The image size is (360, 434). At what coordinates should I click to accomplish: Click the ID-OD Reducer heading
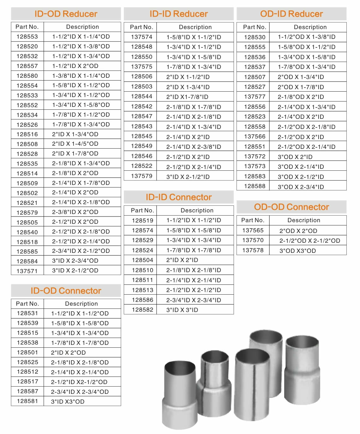tap(66, 14)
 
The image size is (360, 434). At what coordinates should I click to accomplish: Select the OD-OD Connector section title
tap(291, 207)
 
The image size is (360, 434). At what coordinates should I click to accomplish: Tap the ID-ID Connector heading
tap(179, 197)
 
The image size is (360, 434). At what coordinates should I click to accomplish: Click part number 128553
tap(27, 37)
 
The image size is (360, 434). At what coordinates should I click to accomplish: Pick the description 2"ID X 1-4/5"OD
tap(75, 144)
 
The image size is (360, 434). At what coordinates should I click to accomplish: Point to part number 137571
tap(27, 271)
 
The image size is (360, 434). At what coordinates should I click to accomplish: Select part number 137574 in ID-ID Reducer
tap(141, 37)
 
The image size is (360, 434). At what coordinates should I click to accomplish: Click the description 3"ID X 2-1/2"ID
tap(188, 177)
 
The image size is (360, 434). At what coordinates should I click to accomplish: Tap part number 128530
tap(255, 37)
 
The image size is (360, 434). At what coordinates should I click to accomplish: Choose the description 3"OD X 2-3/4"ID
tap(301, 187)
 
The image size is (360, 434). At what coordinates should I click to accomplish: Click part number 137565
tap(253, 230)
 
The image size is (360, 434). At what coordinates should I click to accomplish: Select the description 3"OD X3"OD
tap(297, 251)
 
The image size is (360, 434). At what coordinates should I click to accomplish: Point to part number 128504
tap(142, 260)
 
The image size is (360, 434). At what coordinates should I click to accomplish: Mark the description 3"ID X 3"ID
tap(182, 310)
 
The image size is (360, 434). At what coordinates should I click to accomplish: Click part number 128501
tap(27, 352)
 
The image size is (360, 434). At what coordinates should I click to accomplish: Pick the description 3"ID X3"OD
tap(68, 401)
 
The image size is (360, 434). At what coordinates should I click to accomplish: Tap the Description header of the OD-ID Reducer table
tap(310, 27)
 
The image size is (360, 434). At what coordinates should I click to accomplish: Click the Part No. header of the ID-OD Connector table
tap(27, 304)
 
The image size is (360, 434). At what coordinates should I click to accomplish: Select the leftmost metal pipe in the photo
tap(179, 395)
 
